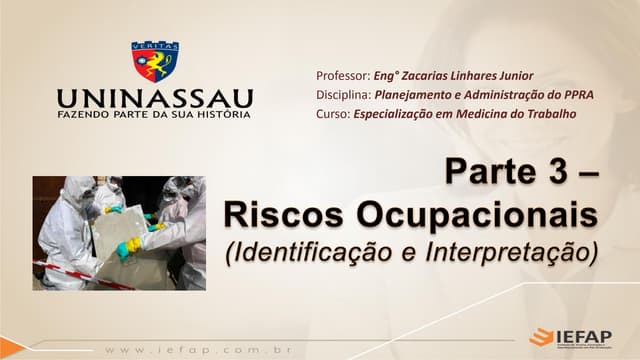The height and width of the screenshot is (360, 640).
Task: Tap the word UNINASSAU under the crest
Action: click(154, 99)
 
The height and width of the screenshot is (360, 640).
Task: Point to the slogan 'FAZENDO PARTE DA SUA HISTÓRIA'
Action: click(154, 116)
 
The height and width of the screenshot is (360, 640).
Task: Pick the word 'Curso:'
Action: click(332, 114)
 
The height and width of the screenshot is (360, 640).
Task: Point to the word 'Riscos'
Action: click(273, 213)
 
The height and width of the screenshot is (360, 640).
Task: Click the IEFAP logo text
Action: click(585, 336)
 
